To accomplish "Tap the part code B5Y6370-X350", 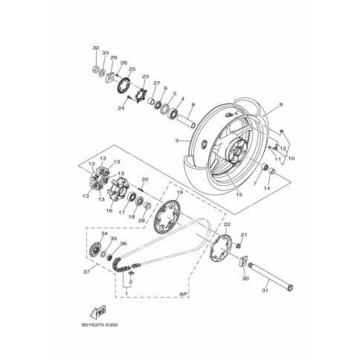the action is click(100, 325).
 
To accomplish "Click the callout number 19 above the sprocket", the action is click(180, 192).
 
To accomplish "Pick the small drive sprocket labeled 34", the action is click(95, 248).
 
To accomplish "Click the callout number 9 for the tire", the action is click(280, 104).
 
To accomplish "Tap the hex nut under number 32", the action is click(95, 68).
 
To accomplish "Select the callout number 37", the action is click(86, 272).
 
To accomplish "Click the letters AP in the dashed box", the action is click(183, 294).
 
